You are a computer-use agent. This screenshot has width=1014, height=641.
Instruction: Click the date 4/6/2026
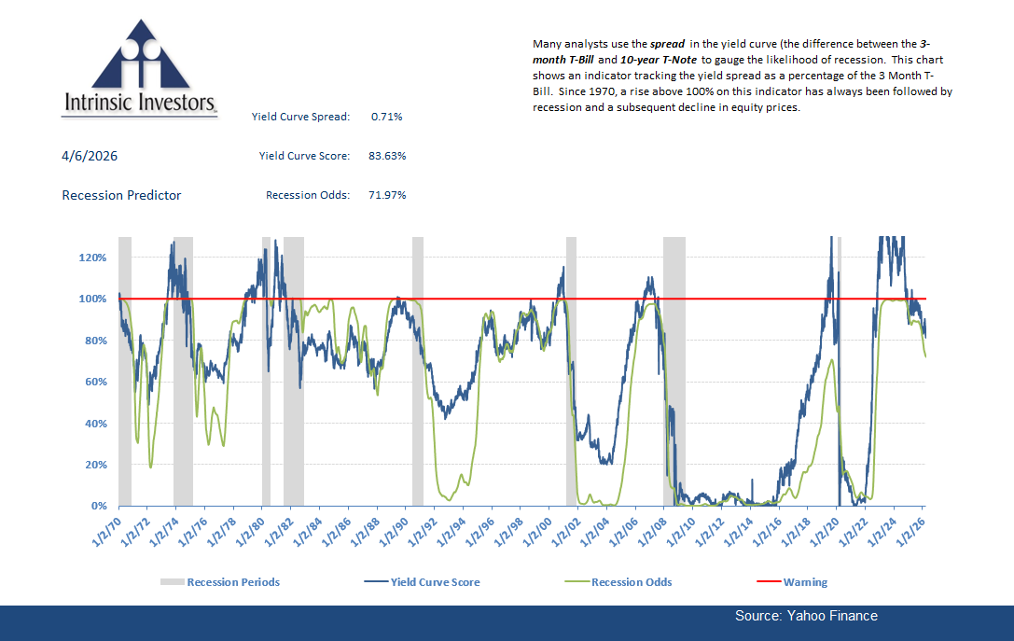tap(90, 156)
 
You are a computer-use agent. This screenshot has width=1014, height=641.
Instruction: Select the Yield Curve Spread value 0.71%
tap(386, 117)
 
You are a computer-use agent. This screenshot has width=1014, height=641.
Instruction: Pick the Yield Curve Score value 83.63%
tap(387, 156)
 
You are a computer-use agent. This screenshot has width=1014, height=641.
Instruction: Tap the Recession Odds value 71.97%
tap(387, 195)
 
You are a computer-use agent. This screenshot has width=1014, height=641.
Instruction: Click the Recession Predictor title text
tap(121, 195)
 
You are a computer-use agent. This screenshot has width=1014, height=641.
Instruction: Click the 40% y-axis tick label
tap(98, 423)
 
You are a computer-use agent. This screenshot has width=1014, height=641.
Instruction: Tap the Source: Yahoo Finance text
tap(806, 616)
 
